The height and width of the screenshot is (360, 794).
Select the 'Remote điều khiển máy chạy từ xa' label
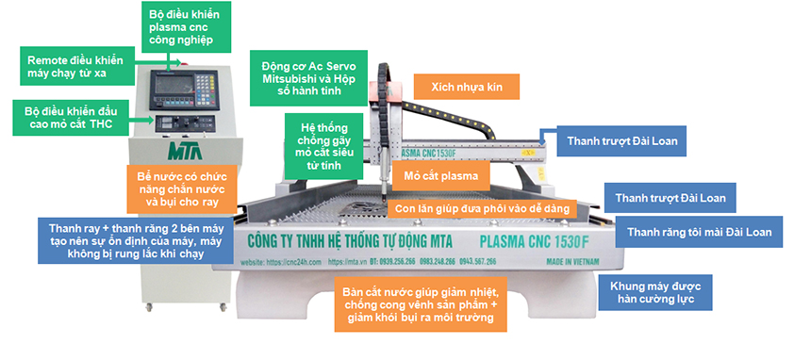(76, 64)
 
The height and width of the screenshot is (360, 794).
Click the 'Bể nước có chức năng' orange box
(180, 188)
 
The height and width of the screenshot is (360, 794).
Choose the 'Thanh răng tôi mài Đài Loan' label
(699, 232)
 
